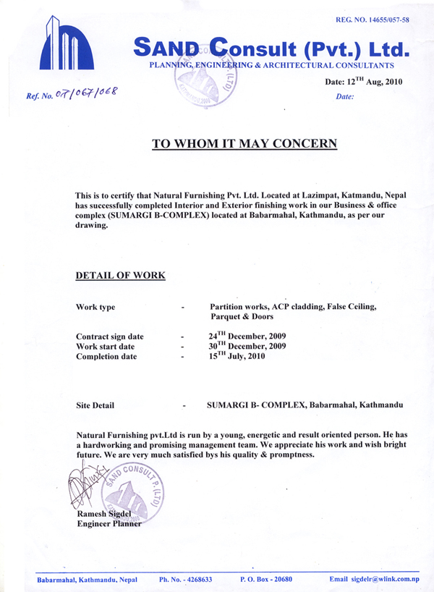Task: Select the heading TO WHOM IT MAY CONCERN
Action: [244, 143]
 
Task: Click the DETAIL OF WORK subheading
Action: [120, 276]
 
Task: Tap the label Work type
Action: [95, 308]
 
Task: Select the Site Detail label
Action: [95, 405]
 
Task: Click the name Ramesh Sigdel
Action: [104, 514]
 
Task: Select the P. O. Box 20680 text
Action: [265, 580]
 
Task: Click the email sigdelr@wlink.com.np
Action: [375, 580]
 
